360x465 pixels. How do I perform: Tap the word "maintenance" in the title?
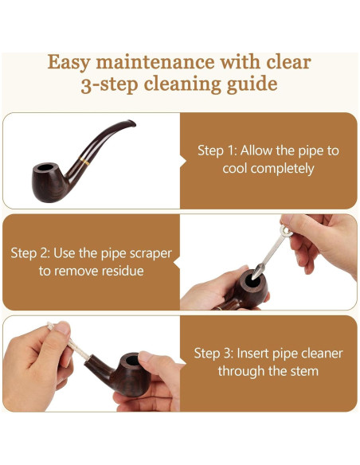(x=155, y=62)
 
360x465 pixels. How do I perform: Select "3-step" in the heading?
(x=109, y=84)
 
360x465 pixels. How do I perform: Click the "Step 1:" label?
(x=217, y=150)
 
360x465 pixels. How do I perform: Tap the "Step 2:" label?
(x=30, y=253)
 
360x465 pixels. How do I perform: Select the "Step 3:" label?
(x=213, y=354)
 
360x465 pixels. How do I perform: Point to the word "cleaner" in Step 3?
(x=322, y=354)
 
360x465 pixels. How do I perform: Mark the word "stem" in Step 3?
(x=304, y=371)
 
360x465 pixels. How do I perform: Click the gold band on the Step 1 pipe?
(x=84, y=162)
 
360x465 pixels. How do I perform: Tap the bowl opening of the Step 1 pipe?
(x=45, y=167)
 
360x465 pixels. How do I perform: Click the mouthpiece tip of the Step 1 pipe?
(x=131, y=123)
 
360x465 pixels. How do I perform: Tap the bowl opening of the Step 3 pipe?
(x=132, y=360)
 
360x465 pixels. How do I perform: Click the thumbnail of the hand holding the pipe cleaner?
(x=62, y=328)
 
